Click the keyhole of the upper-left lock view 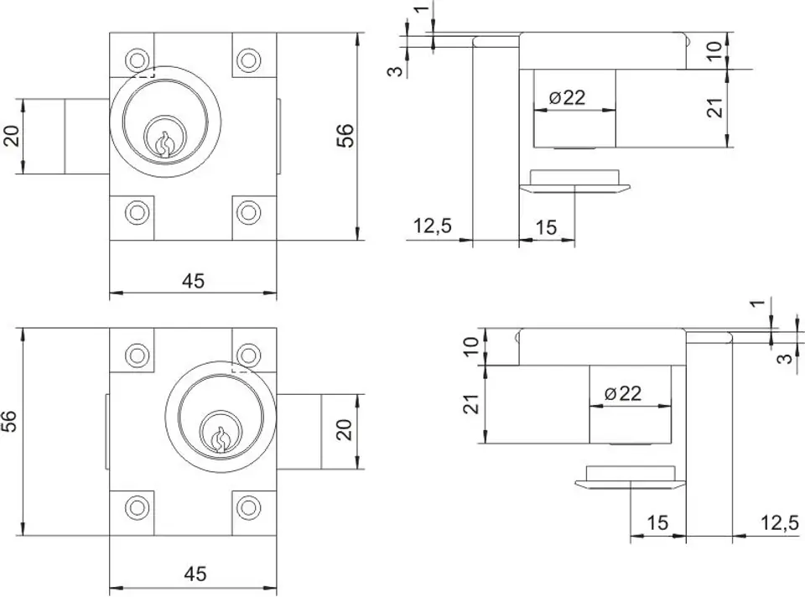(x=164, y=143)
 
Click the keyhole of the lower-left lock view (x=220, y=439)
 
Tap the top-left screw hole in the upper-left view (x=137, y=60)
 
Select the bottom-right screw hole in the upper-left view (x=248, y=211)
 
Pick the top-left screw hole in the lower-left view (x=137, y=355)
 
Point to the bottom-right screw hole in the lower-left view (x=248, y=507)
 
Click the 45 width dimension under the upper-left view (x=193, y=281)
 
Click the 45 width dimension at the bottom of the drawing (x=195, y=574)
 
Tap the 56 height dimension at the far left (x=10, y=421)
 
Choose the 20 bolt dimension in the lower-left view (x=344, y=429)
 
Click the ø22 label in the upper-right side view (x=567, y=97)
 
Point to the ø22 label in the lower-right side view (x=623, y=393)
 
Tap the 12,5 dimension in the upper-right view (x=433, y=226)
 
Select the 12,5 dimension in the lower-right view (x=780, y=523)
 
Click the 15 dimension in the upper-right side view (x=546, y=227)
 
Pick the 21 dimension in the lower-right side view (x=471, y=403)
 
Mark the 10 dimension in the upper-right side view (x=714, y=51)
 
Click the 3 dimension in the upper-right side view (x=396, y=70)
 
